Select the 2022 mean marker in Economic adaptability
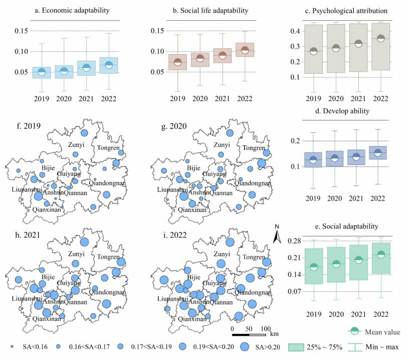pos(108,65)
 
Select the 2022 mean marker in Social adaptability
pos(381,255)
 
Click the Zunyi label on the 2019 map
pos(77,145)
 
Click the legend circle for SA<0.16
pos(12,346)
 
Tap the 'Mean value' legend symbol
pos(354,331)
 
